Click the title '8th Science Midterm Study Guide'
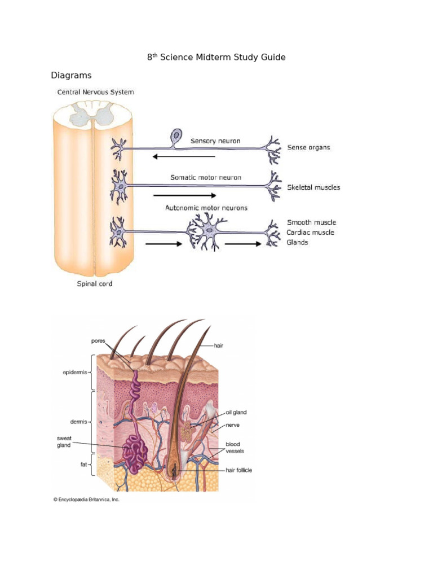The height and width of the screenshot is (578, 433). [x=216, y=58]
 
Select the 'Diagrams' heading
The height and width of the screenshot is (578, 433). [x=71, y=75]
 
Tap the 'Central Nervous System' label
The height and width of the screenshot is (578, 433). [x=95, y=92]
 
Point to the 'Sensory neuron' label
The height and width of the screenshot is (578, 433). [x=215, y=141]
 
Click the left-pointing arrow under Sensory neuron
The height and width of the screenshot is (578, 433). [x=184, y=156]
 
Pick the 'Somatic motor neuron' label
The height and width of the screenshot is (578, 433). [x=206, y=177]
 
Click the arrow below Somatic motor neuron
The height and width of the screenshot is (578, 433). [x=185, y=195]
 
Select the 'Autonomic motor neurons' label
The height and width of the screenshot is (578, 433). [x=206, y=208]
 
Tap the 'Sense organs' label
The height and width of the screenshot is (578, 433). [x=308, y=147]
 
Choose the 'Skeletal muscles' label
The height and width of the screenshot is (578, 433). [x=313, y=187]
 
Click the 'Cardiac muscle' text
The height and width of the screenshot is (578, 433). [x=310, y=233]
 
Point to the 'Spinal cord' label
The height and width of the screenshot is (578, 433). [x=95, y=284]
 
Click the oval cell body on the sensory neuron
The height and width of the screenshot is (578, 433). [x=177, y=135]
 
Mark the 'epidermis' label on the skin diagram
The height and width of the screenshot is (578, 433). [x=74, y=373]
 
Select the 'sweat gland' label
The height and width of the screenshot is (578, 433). [x=64, y=442]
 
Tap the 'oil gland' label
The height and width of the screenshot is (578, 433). [x=236, y=413]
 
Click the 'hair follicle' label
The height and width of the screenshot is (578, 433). [x=238, y=470]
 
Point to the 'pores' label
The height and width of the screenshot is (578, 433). [x=98, y=341]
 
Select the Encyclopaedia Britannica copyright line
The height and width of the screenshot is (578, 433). [x=86, y=500]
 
